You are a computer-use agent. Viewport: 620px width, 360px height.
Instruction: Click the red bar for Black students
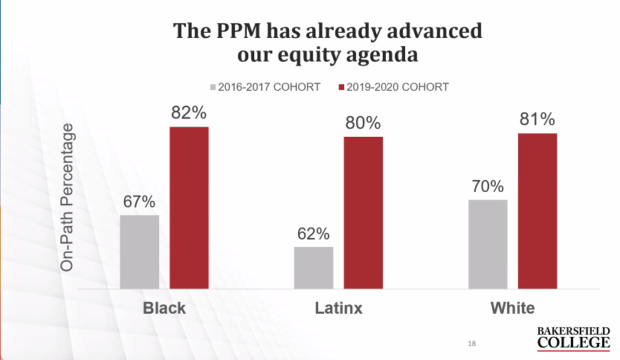click(x=189, y=208)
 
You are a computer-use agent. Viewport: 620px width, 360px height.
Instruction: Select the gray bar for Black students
click(x=139, y=251)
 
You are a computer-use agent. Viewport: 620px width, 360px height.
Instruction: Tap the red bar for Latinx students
click(x=363, y=212)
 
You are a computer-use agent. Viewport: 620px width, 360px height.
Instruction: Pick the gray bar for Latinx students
click(x=313, y=267)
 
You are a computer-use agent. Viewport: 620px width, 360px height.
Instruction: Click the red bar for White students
click(x=537, y=210)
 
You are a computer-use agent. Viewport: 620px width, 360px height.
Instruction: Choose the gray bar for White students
click(x=488, y=243)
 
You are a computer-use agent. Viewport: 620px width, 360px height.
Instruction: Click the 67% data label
click(x=139, y=202)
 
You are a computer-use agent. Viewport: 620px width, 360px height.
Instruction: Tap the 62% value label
click(x=313, y=234)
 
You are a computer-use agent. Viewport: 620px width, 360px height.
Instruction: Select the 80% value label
click(x=363, y=123)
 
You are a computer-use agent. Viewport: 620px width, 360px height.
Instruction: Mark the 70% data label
click(x=488, y=186)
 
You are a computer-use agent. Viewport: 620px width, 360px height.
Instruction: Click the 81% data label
click(x=537, y=119)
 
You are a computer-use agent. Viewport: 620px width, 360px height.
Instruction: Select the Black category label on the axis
click(x=164, y=308)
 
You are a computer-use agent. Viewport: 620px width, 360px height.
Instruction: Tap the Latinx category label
click(x=338, y=308)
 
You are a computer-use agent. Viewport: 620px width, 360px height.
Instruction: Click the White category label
click(x=512, y=308)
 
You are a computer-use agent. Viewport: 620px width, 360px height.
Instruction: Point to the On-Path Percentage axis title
click(x=68, y=197)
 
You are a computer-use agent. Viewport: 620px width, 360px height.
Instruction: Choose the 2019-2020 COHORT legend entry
click(x=393, y=87)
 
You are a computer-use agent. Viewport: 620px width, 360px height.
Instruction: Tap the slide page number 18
click(x=472, y=344)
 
